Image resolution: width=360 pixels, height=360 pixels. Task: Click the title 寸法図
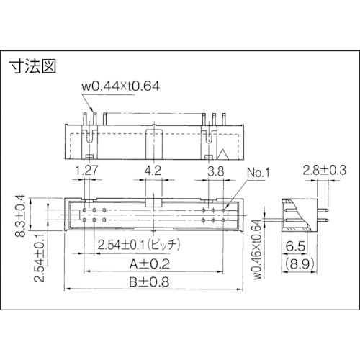tap(32, 66)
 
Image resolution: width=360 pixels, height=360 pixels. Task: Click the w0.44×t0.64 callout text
tap(120, 86)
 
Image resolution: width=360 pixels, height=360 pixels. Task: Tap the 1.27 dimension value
tap(86, 171)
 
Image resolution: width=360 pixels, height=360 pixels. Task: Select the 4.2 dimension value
tap(153, 171)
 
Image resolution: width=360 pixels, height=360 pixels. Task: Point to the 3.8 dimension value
tap(216, 171)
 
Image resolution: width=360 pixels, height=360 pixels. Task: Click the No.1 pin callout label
tap(258, 172)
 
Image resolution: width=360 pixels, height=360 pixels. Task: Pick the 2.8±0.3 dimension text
tap(325, 170)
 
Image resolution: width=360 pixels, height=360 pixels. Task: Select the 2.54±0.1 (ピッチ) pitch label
tap(139, 245)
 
